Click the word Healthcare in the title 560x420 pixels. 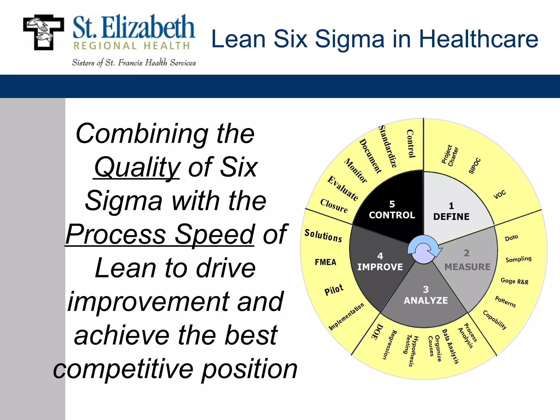(479, 39)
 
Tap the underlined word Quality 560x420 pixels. (137, 167)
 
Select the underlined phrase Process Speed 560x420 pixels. (160, 234)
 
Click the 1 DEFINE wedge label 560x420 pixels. (451, 212)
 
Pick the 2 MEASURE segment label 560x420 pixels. (467, 261)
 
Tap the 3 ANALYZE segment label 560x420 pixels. (426, 295)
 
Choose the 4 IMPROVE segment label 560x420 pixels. (380, 262)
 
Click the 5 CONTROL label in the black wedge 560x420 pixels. (392, 210)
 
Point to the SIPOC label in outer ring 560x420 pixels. (475, 166)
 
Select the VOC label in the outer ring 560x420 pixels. (500, 195)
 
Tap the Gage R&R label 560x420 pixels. (514, 281)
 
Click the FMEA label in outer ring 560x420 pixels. (325, 262)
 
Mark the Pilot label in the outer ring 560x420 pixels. (334, 290)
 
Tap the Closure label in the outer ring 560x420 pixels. (334, 206)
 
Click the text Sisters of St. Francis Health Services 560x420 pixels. (134, 63)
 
